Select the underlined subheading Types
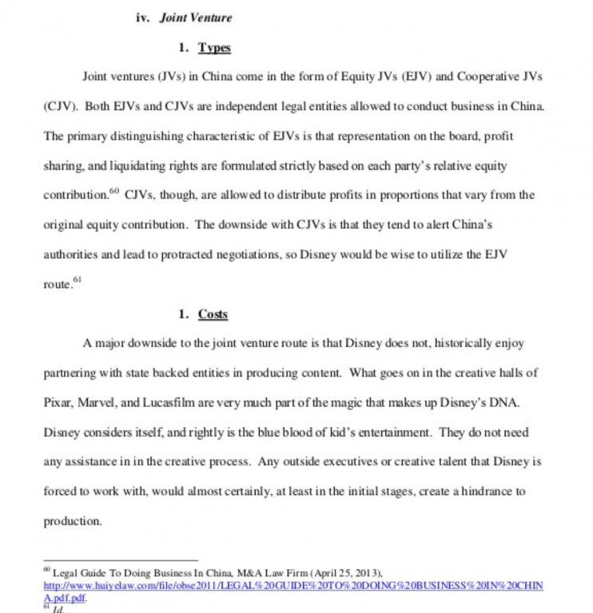point(214,48)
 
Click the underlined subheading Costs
point(213,314)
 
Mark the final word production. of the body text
point(73,520)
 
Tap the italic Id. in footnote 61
point(58,609)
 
